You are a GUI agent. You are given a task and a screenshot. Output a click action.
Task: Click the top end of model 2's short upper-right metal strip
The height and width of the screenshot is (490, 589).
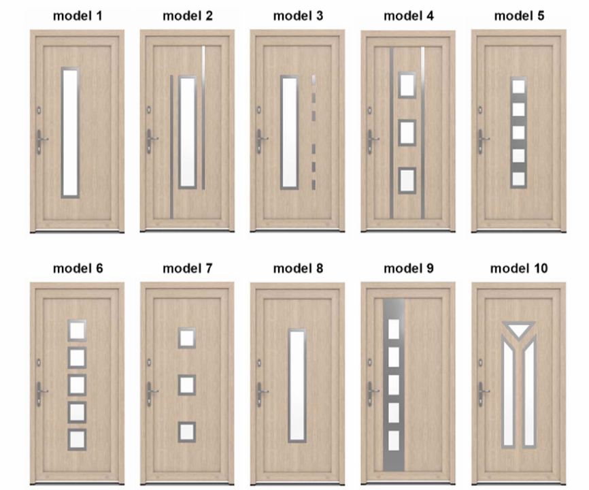[x=203, y=46]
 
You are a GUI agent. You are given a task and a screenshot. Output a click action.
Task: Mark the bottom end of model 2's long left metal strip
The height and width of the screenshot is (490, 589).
[x=171, y=218]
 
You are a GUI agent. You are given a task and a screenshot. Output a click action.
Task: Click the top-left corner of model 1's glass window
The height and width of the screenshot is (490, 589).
[x=62, y=68]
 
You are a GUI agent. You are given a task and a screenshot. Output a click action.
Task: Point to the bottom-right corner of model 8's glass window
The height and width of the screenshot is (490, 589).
[x=306, y=442]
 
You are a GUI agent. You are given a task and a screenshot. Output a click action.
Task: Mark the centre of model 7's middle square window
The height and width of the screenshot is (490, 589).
[x=186, y=385]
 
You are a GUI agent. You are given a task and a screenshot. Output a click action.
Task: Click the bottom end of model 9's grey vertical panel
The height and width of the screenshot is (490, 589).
[x=394, y=471]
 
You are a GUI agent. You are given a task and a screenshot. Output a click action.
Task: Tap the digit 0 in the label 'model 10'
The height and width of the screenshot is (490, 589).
[x=543, y=268]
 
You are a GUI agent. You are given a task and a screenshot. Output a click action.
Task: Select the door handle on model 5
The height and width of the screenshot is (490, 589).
[x=482, y=142]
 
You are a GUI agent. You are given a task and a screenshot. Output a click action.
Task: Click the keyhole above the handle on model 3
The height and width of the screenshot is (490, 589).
[x=259, y=110]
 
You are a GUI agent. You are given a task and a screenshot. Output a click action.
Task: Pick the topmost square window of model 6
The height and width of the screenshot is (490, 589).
[x=78, y=331]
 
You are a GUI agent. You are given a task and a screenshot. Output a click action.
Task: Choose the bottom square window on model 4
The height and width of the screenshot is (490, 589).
[x=407, y=181]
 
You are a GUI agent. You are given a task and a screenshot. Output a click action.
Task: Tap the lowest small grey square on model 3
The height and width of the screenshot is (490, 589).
[x=314, y=184]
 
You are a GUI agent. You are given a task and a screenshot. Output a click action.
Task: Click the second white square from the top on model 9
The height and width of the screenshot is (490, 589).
[x=394, y=357]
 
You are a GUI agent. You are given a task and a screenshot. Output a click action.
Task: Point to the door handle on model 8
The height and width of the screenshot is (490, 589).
[x=261, y=394]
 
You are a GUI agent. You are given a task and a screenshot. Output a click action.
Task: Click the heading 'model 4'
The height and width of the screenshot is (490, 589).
[x=408, y=16]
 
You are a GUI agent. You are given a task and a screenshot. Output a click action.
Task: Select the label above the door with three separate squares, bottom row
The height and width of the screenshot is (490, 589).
[x=188, y=268]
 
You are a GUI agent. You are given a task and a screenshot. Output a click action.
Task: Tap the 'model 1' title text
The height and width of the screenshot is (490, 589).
[x=78, y=16]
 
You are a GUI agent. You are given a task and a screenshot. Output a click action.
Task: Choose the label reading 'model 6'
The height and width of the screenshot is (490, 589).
[x=78, y=268]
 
